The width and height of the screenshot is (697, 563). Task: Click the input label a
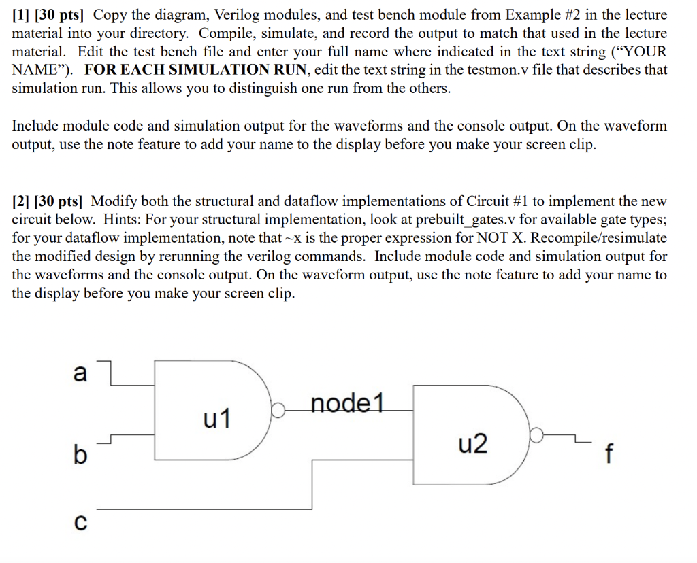[80, 373]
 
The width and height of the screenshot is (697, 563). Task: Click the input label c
[80, 522]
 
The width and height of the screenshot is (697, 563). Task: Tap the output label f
[609, 453]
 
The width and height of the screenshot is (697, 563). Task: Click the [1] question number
[20, 15]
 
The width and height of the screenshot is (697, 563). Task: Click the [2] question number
[20, 201]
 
